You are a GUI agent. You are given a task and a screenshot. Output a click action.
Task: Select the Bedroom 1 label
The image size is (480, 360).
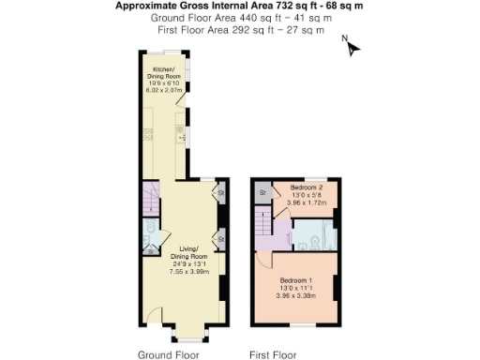point(295,281)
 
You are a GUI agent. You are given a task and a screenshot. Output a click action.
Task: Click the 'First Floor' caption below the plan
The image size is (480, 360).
point(273,355)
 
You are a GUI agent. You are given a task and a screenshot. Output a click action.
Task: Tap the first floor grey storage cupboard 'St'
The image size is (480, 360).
point(263,192)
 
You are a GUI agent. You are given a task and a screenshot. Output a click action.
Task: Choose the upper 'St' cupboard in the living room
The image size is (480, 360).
point(221,194)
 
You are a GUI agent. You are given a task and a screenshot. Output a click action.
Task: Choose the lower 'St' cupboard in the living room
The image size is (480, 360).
point(221,240)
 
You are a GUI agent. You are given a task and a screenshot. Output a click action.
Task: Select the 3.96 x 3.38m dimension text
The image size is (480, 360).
point(295,296)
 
